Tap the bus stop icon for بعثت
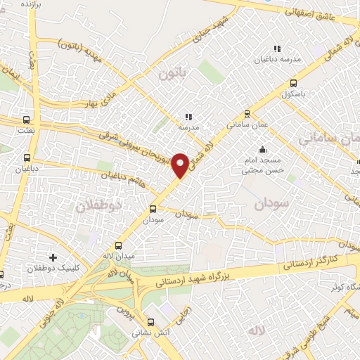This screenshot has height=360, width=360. click(x=26, y=120)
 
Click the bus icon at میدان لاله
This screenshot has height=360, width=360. click(x=117, y=246)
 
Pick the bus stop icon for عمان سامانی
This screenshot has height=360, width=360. click(x=247, y=113)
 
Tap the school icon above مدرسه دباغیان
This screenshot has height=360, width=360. click(x=276, y=49)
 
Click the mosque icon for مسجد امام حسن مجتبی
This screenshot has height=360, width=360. click(x=262, y=149)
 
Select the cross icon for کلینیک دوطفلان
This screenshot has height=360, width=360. click(x=53, y=258)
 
